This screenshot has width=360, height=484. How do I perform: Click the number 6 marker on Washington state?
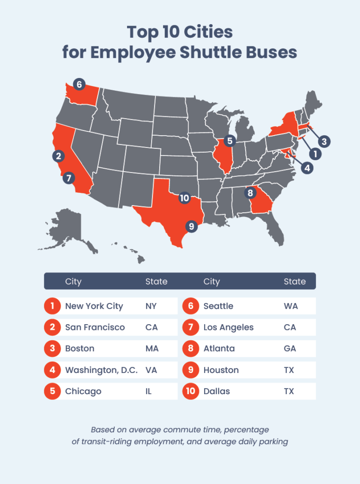pyautogui.click(x=79, y=85)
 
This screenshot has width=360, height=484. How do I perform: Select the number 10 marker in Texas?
pyautogui.click(x=184, y=198)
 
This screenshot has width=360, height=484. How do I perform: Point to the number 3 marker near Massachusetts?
pyautogui.click(x=324, y=141)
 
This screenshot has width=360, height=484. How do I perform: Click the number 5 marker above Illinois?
pyautogui.click(x=230, y=140)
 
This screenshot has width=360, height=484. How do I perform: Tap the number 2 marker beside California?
pyautogui.click(x=58, y=156)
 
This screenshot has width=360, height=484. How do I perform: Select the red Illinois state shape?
pyautogui.click(x=224, y=161)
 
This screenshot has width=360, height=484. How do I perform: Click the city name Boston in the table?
pyautogui.click(x=80, y=349)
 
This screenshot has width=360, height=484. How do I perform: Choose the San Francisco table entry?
pyautogui.click(x=95, y=328)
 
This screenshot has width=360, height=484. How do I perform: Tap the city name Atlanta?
pyautogui.click(x=219, y=349)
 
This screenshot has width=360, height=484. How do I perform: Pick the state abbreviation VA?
pyautogui.click(x=152, y=370)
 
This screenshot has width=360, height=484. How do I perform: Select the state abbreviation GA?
pyautogui.click(x=290, y=349)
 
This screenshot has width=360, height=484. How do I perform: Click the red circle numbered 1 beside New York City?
pyautogui.click(x=52, y=306)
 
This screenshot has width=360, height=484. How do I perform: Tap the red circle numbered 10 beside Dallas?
pyautogui.click(x=190, y=391)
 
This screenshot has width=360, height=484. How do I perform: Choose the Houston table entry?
pyautogui.click(x=221, y=370)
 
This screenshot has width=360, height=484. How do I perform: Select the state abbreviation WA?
pyautogui.click(x=291, y=306)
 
